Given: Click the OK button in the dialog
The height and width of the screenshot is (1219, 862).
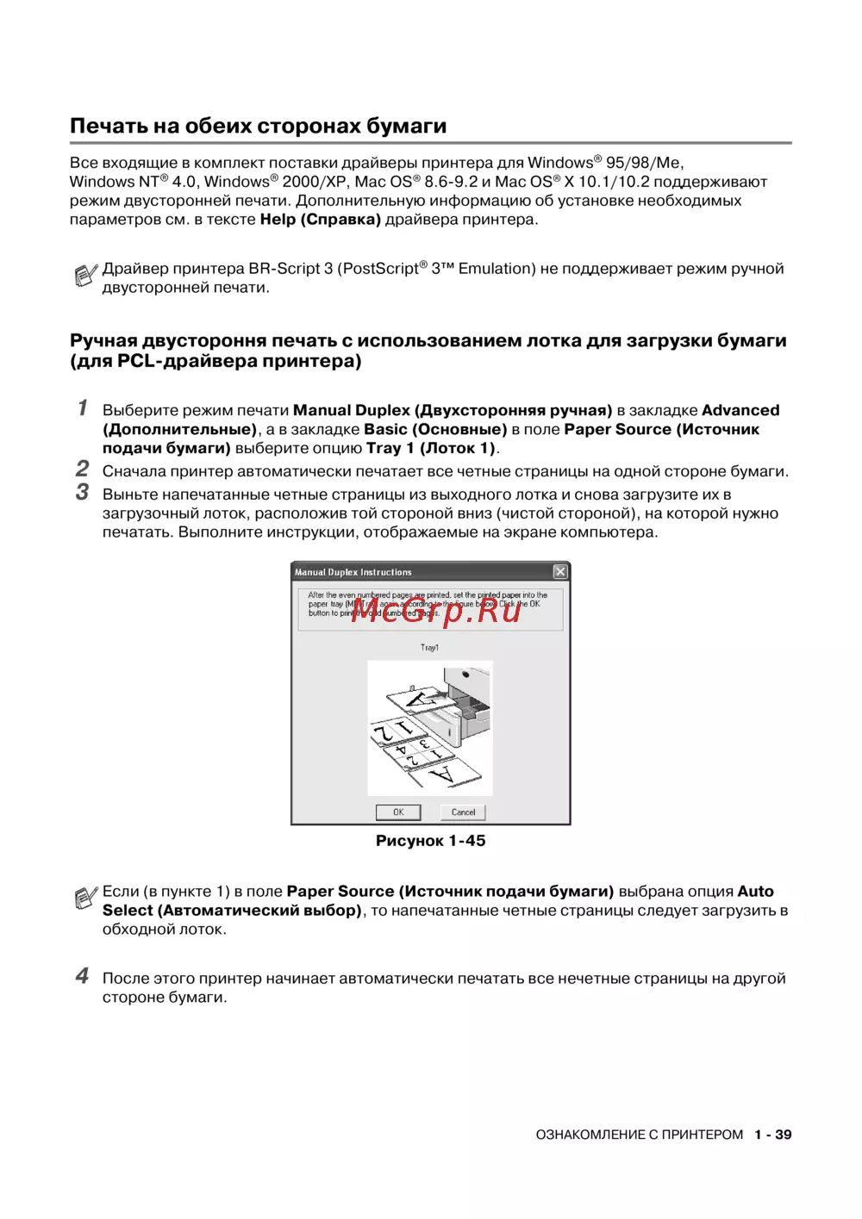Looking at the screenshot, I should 398,812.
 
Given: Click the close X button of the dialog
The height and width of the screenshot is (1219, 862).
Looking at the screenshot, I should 560,572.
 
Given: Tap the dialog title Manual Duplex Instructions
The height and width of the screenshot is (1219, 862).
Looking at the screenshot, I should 353,572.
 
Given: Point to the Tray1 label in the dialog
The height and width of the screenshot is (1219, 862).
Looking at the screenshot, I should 429,648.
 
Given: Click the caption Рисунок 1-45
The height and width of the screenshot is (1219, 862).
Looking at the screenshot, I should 430,841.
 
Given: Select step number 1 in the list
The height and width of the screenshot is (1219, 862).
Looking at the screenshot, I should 83,407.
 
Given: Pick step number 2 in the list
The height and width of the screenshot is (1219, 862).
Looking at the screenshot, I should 82,469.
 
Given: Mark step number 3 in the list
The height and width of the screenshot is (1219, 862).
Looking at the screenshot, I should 82,492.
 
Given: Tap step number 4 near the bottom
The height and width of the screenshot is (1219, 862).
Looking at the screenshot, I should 82,975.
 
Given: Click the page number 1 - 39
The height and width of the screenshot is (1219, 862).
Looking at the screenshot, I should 772,1135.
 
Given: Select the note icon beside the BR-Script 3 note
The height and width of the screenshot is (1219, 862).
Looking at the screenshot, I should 84,276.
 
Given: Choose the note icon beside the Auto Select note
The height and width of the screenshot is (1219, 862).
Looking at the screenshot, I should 84,899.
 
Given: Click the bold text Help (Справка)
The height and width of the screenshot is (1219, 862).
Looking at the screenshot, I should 320,220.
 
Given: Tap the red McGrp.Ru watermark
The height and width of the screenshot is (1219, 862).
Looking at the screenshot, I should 436,609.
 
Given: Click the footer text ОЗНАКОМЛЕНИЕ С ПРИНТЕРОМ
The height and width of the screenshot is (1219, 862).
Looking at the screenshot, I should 639,1135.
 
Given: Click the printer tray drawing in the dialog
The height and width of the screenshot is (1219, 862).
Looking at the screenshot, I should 430,728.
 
